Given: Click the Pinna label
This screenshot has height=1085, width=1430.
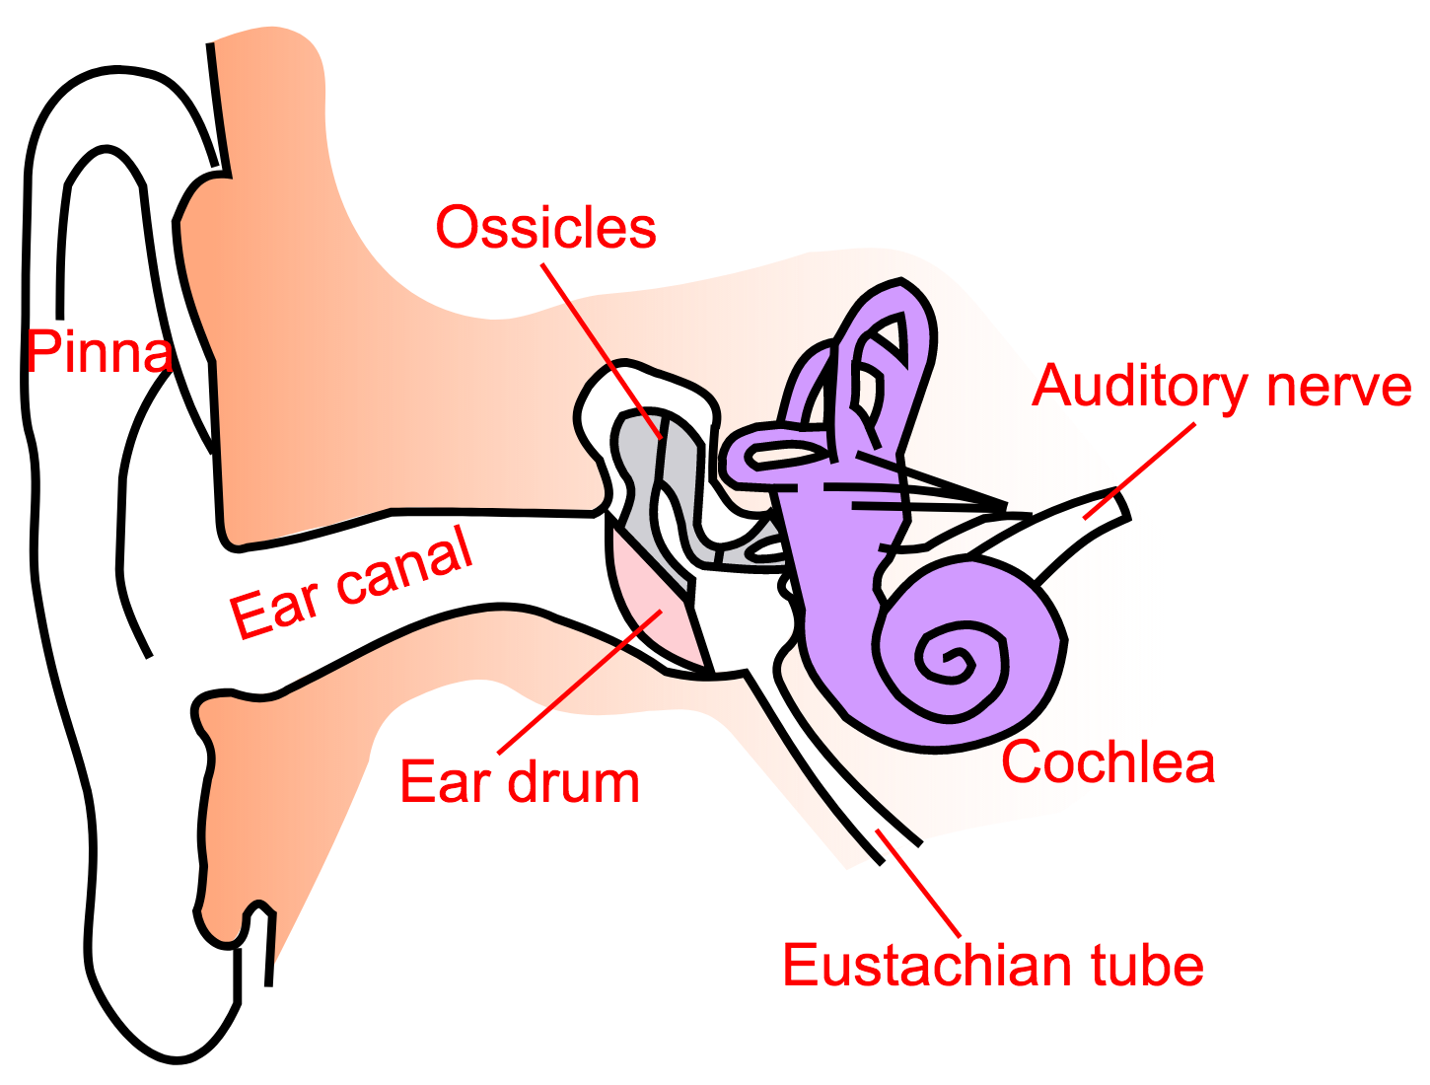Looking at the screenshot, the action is (x=99, y=351).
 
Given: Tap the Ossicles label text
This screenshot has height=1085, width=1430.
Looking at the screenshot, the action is (x=545, y=228).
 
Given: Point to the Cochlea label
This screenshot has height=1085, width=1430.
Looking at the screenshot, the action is (x=1108, y=761).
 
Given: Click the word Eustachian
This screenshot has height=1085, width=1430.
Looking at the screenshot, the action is (x=926, y=965).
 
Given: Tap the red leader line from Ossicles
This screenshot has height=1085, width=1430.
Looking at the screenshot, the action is (x=602, y=352).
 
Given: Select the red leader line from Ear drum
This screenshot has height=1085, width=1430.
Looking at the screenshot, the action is (x=580, y=682).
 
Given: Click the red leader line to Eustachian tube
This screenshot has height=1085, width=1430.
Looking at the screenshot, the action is (x=918, y=884).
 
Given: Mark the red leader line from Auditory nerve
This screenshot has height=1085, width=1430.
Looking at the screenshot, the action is (x=1139, y=470).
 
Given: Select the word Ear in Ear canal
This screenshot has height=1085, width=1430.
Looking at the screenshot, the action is (x=274, y=610).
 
